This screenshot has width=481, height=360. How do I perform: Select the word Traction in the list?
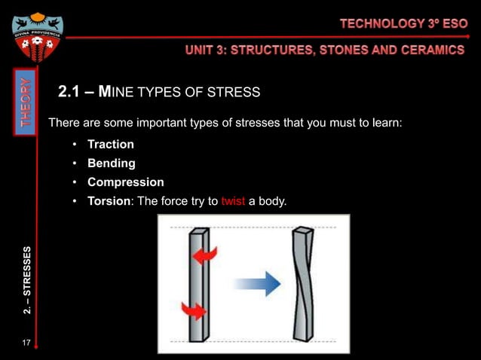tap(110, 144)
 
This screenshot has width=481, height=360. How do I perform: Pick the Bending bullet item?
tap(111, 163)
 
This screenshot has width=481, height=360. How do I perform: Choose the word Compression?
tap(125, 182)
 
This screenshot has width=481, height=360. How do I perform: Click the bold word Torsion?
tap(109, 201)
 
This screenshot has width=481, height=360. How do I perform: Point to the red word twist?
tap(233, 201)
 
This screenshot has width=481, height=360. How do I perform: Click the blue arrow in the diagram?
tap(257, 284)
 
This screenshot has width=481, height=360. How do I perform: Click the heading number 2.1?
tap(71, 93)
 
